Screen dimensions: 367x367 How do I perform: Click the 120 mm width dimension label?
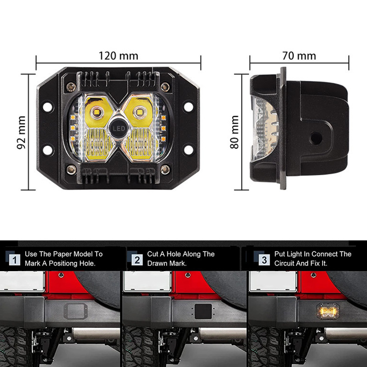point(118,56)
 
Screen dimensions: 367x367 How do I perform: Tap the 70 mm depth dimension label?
point(299,56)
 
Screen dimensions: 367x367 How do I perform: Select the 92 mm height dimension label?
point(21,133)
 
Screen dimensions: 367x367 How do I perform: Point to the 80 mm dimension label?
point(234,132)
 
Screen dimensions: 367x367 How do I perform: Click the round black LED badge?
point(118,128)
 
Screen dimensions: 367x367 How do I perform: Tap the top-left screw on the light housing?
point(71,87)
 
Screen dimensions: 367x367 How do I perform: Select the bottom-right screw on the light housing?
point(165,169)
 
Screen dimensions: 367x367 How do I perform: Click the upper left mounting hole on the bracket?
point(48,107)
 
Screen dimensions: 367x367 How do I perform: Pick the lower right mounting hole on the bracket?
point(189,150)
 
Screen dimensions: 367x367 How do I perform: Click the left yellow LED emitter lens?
point(96,112)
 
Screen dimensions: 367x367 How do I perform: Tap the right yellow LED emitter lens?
point(140,112)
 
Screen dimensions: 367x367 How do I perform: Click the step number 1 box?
point(15,260)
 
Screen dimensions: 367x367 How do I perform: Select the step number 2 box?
point(137,260)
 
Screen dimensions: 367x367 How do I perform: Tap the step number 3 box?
point(264,260)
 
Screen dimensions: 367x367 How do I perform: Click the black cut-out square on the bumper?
point(203,311)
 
